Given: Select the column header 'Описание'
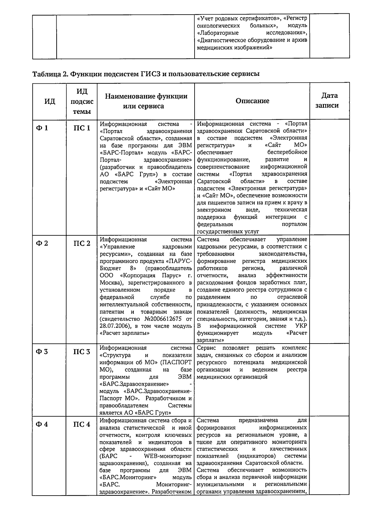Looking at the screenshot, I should click(252, 101).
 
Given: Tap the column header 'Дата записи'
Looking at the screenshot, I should click(329, 100).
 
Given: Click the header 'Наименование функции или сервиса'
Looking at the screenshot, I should click(146, 101).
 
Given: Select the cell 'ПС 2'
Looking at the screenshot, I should click(82, 243).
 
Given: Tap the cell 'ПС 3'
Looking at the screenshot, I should click(82, 352).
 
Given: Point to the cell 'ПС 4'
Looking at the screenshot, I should click(82, 424).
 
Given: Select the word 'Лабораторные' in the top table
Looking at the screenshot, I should click(218, 33).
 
